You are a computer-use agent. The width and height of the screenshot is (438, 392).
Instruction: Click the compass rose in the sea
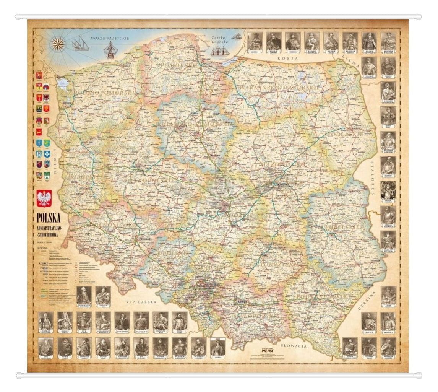coord(58,44)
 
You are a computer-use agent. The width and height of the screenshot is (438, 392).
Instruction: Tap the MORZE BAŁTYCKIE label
coord(110,38)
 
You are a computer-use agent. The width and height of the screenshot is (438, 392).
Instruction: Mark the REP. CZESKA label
coord(141,302)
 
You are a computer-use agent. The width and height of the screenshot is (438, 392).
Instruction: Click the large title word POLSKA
coord(49,218)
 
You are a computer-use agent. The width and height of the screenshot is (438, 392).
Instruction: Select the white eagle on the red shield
coord(44,198)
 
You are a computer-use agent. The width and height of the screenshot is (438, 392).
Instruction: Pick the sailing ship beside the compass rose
coord(80,44)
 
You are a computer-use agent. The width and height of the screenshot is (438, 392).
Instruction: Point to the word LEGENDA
coord(42,248)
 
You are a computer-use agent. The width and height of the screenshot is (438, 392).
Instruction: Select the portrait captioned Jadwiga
coord(217,348)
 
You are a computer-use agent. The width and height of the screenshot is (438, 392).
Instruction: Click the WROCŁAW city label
coord(144,238)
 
